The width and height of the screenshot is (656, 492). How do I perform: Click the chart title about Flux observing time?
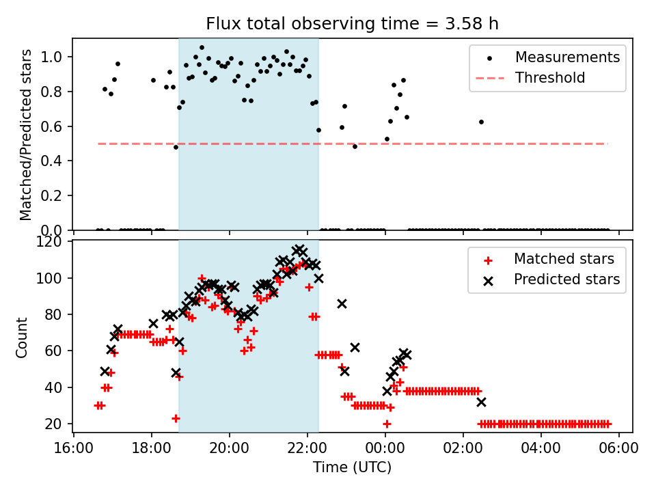[352, 24]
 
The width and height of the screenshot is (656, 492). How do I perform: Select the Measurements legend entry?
[567, 57]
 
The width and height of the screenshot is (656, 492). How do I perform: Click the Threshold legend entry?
[550, 78]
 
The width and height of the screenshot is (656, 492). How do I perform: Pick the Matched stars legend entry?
[564, 259]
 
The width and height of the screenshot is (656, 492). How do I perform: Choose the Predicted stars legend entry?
[566, 279]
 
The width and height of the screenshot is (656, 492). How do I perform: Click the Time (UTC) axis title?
[352, 467]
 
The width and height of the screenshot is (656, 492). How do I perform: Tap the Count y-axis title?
[23, 337]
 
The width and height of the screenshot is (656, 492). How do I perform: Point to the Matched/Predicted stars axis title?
[26, 135]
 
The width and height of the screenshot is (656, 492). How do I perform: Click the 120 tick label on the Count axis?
[53, 242]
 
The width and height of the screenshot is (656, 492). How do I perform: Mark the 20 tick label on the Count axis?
[57, 424]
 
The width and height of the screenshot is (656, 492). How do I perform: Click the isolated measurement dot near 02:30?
[481, 122]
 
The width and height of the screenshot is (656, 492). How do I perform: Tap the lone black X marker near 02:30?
[481, 402]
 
